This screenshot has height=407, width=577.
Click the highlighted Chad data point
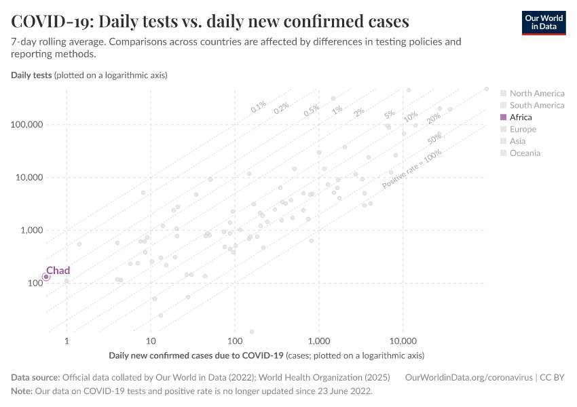click(46, 277)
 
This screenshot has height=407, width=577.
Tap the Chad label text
click(58, 271)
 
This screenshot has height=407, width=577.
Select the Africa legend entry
click(521, 117)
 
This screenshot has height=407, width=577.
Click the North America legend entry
click(536, 94)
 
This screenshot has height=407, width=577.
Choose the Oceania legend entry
click(525, 153)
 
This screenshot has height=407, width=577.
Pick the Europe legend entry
click(523, 130)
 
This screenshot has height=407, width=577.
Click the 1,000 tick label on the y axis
click(29, 230)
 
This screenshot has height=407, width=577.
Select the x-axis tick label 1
click(67, 339)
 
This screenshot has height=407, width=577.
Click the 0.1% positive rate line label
click(259, 107)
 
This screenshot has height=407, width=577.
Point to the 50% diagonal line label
click(435, 139)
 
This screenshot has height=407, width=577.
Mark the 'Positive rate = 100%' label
click(411, 170)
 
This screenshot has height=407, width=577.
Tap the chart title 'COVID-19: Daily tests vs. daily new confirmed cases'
click(210, 22)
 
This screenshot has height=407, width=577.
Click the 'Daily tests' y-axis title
click(31, 75)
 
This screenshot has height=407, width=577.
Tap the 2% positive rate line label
click(359, 112)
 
